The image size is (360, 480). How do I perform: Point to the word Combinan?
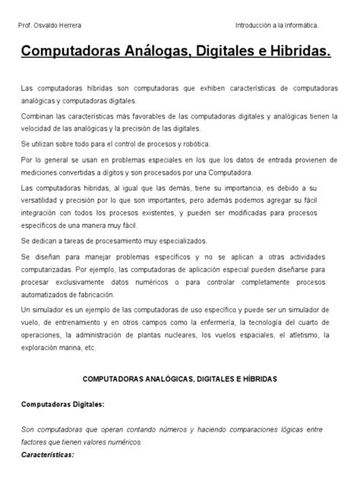pos(38,115)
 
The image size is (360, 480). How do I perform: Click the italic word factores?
pos(35,442)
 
